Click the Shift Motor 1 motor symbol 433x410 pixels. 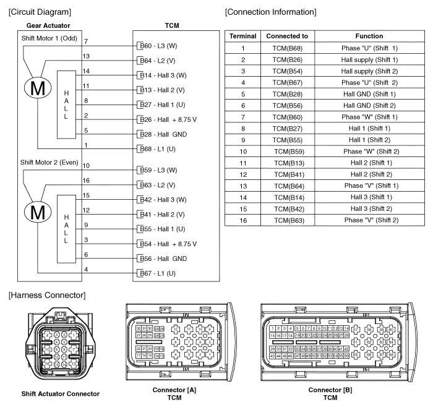click(37, 89)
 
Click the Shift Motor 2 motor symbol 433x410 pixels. click(37, 212)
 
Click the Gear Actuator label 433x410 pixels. click(48, 25)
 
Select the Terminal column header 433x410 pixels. click(242, 36)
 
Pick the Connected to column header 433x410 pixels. click(288, 36)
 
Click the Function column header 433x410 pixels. click(370, 36)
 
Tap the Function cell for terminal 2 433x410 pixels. click(370, 59)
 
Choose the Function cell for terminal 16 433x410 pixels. click(370, 220)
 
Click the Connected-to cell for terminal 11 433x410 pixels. click(288, 162)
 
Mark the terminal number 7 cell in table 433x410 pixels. click(242, 116)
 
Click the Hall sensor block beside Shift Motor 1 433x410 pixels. click(66, 103)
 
